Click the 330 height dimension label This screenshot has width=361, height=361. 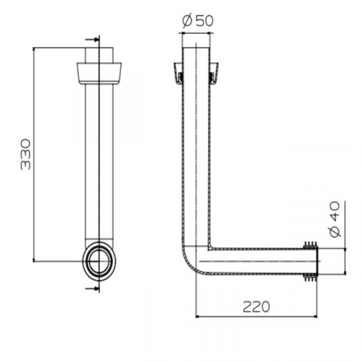(x=26, y=154)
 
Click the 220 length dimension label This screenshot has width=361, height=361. (x=256, y=307)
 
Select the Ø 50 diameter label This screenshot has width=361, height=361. (x=198, y=20)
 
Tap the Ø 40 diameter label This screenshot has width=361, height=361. (x=335, y=219)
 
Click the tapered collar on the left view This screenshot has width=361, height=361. (x=99, y=73)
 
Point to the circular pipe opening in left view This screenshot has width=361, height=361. (x=99, y=261)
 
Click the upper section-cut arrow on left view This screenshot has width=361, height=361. (x=92, y=39)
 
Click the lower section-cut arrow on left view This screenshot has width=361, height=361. (x=92, y=289)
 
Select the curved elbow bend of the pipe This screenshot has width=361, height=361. (x=190, y=263)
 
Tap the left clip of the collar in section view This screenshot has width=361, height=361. (x=179, y=74)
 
